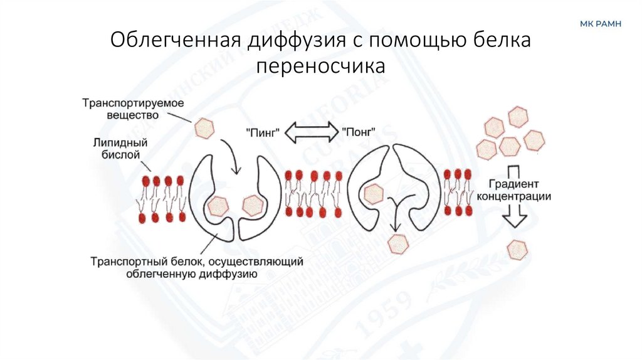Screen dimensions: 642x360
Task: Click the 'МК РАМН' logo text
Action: (x=599, y=24)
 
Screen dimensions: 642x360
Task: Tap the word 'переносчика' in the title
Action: (x=320, y=65)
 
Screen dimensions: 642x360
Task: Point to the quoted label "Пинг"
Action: (x=263, y=132)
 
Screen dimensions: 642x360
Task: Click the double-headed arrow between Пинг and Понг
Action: (x=311, y=132)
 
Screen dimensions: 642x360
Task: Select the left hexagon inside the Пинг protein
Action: (x=218, y=205)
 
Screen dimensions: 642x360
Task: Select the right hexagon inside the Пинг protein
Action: (x=253, y=204)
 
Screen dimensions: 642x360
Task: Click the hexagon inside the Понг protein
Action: (x=374, y=194)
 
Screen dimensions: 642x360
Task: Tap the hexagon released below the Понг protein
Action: (x=397, y=243)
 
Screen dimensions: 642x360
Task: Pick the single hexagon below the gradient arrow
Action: (x=517, y=249)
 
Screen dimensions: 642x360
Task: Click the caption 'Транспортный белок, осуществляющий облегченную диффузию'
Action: (x=197, y=266)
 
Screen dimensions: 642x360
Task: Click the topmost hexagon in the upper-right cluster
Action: (x=518, y=116)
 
